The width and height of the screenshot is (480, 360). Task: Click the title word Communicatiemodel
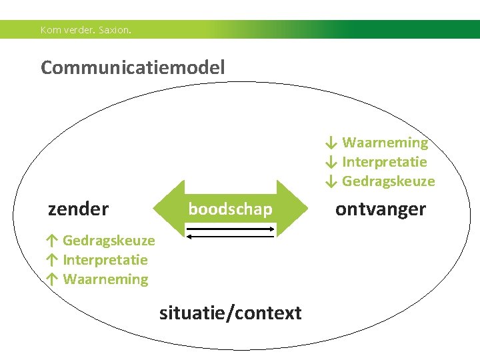coord(133,67)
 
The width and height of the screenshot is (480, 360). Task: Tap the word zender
coord(78,209)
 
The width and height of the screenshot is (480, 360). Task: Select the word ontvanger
coord(380,209)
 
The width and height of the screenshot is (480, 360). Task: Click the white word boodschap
coord(230,209)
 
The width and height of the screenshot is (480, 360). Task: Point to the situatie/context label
coord(230,313)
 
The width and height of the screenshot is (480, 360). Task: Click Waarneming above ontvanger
coord(385,143)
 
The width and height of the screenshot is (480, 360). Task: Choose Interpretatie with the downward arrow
coord(384,162)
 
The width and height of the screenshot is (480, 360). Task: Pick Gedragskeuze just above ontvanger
coord(388,181)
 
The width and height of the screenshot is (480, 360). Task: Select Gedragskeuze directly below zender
coord(109,240)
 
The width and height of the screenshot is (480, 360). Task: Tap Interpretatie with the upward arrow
coord(105,259)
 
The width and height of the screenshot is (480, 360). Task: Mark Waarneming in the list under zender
coord(105,279)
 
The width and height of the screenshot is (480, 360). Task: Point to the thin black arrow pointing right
coord(231,228)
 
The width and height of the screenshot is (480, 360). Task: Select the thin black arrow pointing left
coord(231,235)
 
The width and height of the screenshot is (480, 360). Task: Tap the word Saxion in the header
coord(115,30)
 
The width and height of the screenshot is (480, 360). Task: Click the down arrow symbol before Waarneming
coord(331,143)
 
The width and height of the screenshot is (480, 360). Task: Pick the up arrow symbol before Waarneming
coord(51,279)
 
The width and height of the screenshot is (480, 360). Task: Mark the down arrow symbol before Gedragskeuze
coord(331,181)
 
